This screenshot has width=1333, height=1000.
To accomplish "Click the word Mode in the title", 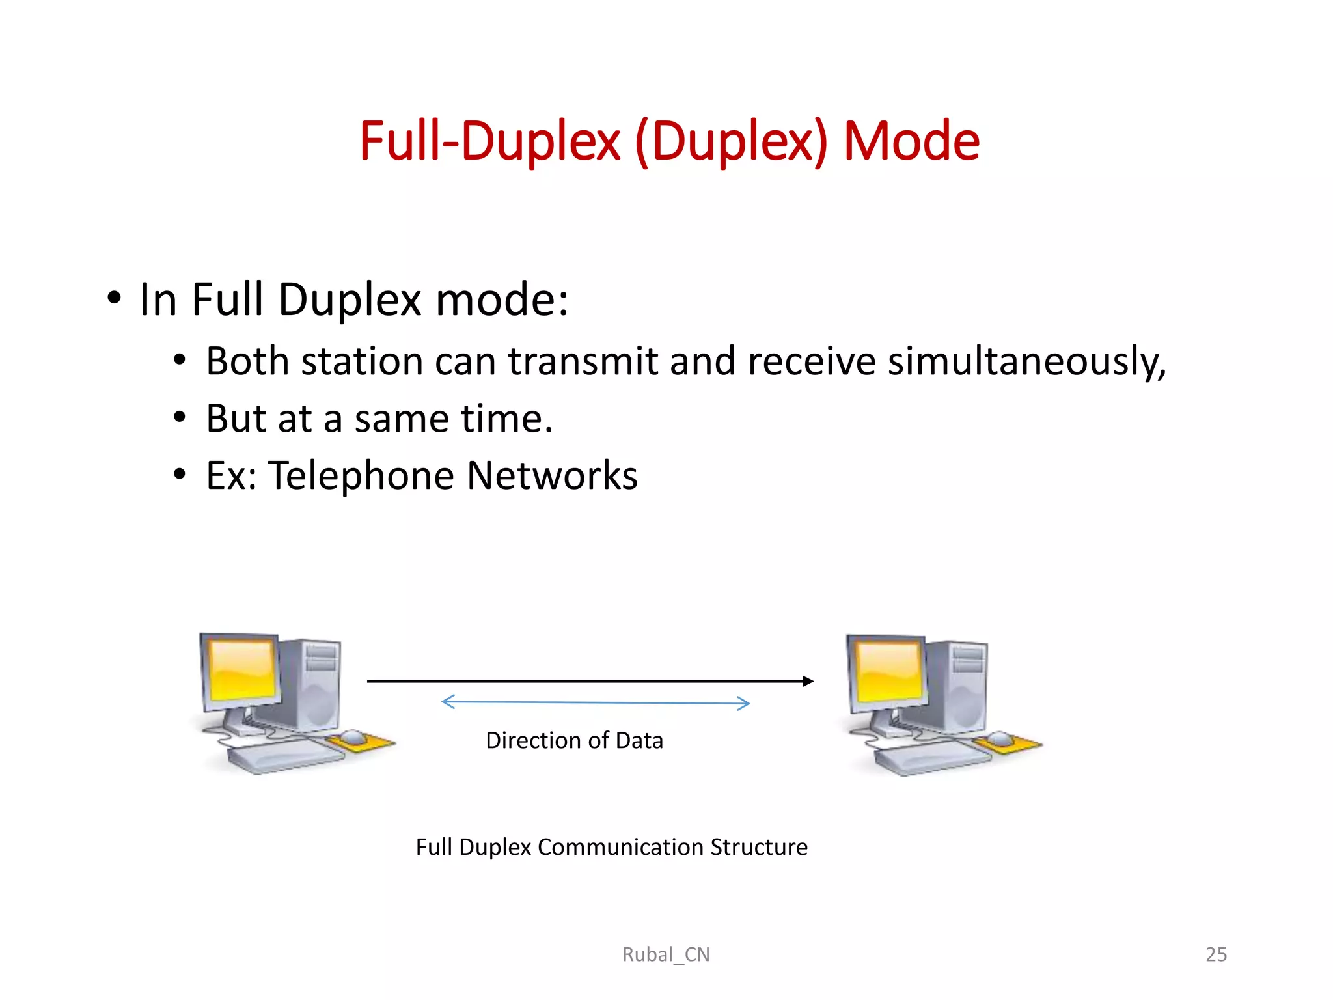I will (x=911, y=141).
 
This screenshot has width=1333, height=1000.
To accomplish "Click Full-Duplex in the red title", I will (x=489, y=141).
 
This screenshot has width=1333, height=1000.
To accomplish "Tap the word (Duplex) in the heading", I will (x=730, y=143).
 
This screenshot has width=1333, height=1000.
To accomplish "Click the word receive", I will (x=812, y=361).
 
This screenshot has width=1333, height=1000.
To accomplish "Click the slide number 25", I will (x=1215, y=954).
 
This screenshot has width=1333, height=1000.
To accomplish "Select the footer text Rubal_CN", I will (x=666, y=954).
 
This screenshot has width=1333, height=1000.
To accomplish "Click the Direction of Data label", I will (x=574, y=741).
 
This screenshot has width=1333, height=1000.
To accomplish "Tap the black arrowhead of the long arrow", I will (x=808, y=681).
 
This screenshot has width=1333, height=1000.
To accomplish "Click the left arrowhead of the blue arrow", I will (x=447, y=701).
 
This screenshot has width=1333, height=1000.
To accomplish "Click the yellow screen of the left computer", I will (x=240, y=670).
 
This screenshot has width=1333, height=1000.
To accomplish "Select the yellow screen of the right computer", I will (x=888, y=671).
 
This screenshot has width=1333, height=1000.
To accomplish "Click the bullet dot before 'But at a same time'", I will (x=180, y=418).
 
